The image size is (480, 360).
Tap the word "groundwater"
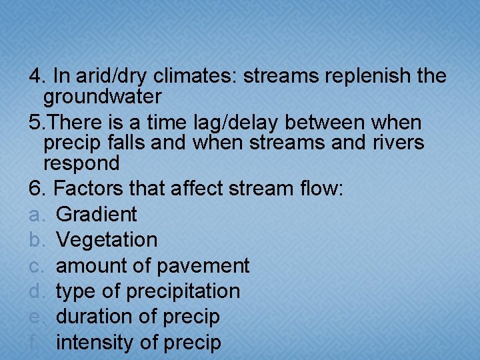click(x=102, y=97)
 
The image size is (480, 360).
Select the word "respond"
click(x=81, y=163)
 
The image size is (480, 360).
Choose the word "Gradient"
click(x=97, y=215)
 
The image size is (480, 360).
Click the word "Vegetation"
click(x=107, y=240)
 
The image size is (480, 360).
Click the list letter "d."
click(x=37, y=291)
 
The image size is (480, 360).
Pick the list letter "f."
click(x=35, y=343)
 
